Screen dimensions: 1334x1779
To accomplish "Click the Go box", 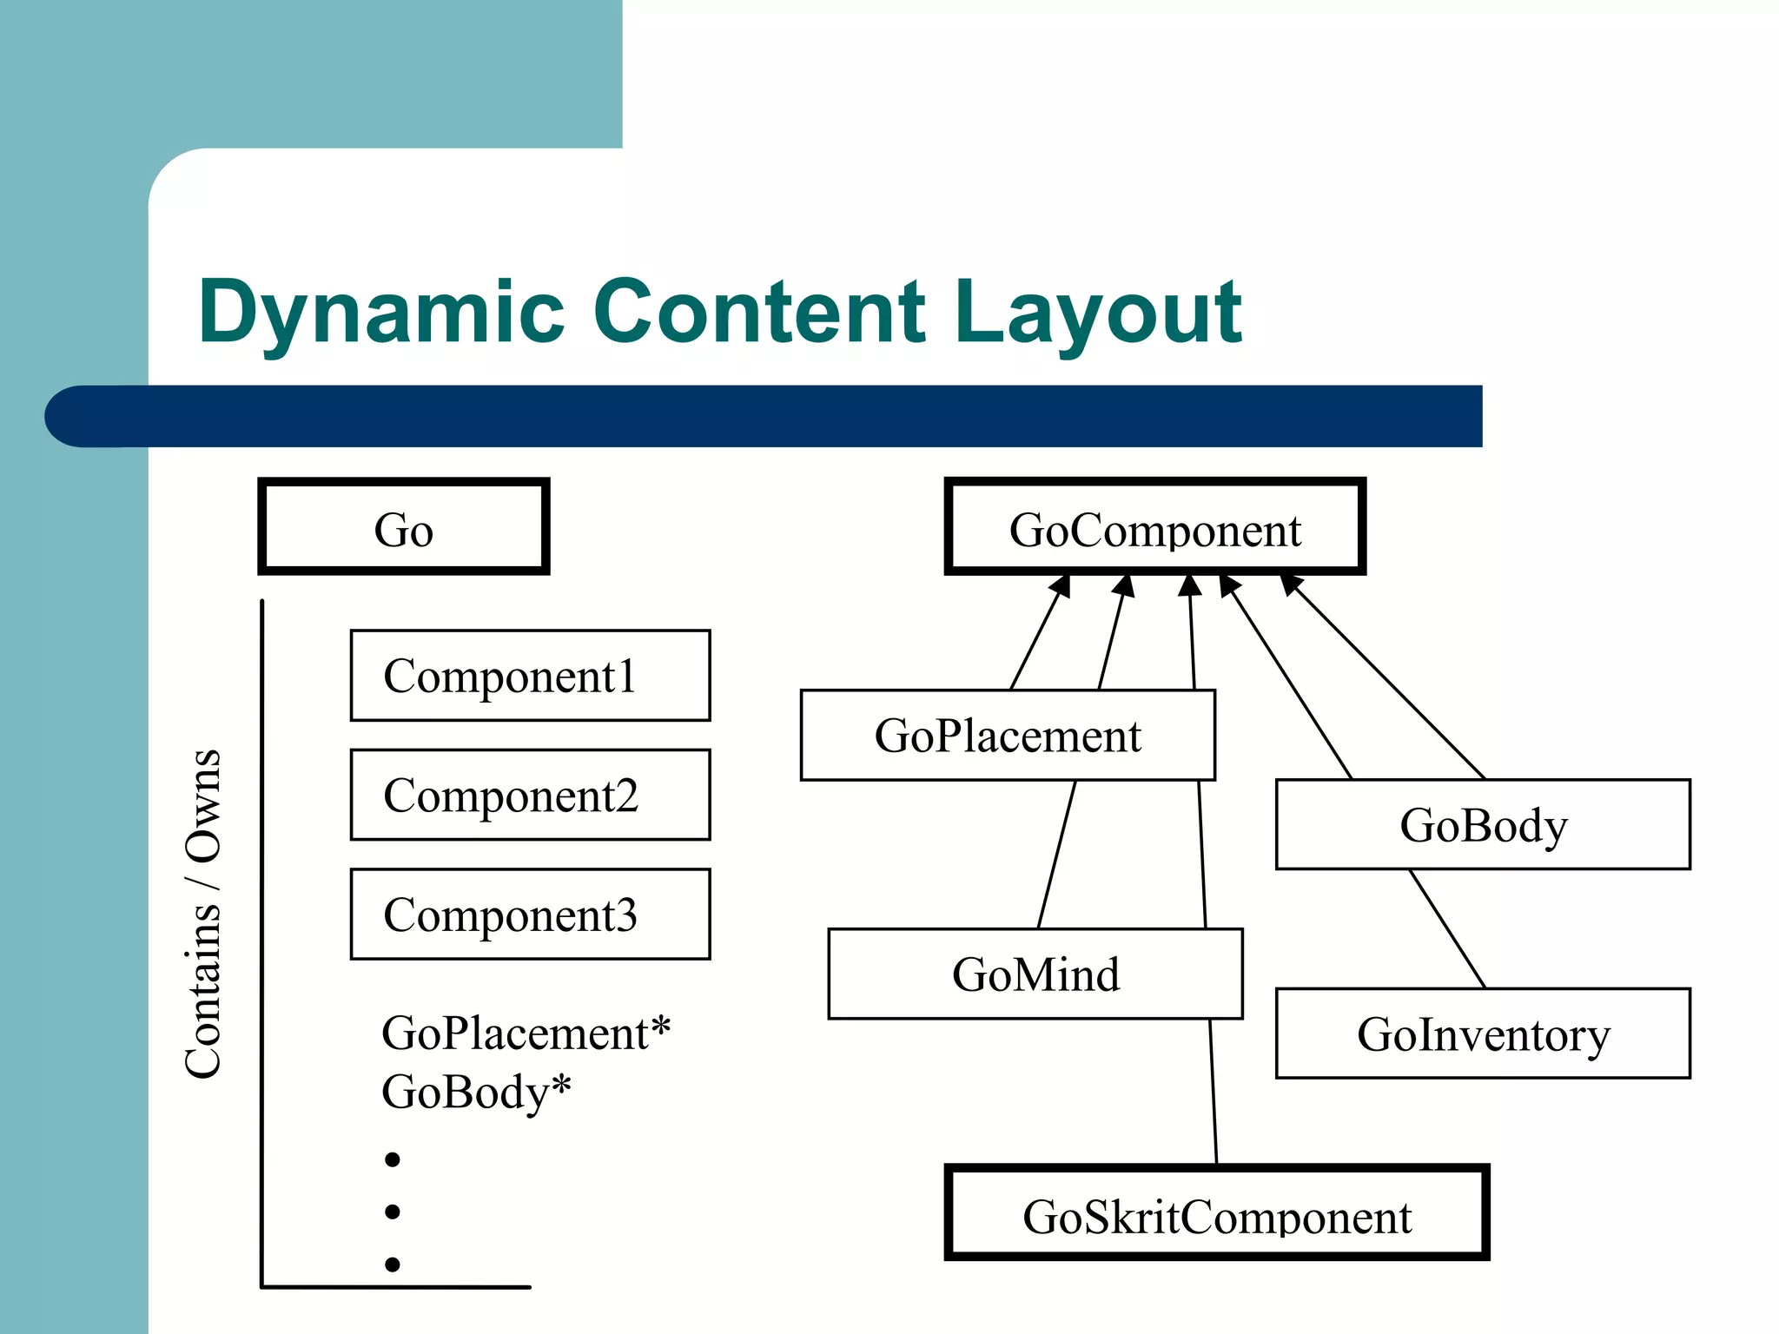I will point(404,527).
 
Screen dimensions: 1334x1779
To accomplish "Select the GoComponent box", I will point(1154,527).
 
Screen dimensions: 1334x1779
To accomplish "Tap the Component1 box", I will point(530,676).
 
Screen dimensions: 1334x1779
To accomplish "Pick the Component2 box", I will point(530,795).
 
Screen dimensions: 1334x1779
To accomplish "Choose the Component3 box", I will point(530,914).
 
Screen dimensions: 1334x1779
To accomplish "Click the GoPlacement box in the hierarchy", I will point(1008,736).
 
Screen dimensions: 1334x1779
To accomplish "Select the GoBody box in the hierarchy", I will point(1483,824).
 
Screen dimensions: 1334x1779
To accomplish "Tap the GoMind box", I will point(1035,974).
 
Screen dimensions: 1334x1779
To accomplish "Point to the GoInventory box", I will point(1483,1034).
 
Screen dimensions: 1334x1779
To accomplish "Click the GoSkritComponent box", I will point(1217,1213).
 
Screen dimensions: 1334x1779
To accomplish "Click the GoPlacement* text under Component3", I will point(526,1034).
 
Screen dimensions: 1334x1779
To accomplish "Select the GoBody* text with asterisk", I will point(476,1092).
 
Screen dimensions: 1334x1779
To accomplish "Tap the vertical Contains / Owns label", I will point(203,914).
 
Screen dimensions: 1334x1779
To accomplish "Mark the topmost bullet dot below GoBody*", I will point(393,1159).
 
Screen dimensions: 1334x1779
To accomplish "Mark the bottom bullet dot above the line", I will point(393,1265).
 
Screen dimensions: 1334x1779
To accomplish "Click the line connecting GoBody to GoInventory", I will point(1447,928).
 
